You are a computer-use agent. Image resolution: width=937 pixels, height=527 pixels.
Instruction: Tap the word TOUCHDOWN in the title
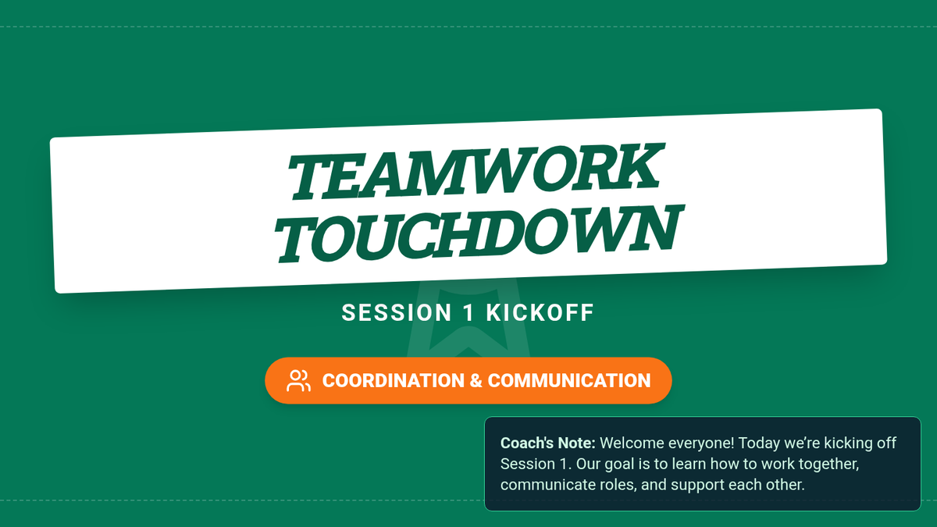tap(479, 233)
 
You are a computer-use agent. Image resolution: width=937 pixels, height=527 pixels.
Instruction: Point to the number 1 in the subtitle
tap(469, 313)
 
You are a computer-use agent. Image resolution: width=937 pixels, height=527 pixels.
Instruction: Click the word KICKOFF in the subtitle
tap(540, 313)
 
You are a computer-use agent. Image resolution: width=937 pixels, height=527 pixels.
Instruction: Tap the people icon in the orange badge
tap(298, 381)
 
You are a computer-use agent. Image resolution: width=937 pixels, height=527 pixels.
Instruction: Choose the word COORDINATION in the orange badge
tap(394, 381)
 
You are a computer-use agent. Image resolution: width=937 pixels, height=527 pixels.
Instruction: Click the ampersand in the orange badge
tap(476, 381)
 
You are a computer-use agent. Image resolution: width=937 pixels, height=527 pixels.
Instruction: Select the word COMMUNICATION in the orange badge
tap(569, 381)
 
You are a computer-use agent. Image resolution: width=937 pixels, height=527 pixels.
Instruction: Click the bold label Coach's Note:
tap(547, 443)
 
